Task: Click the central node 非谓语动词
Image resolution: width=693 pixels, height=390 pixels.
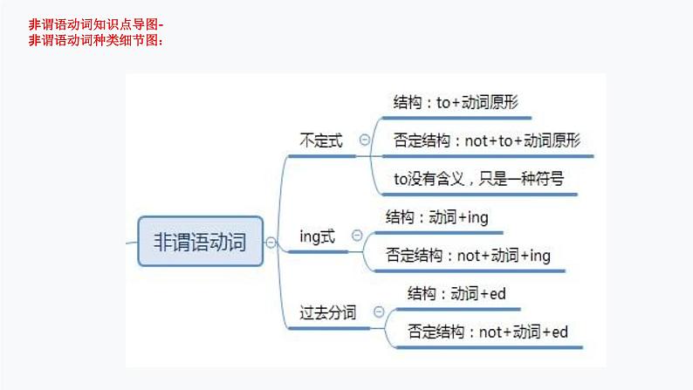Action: click(x=200, y=241)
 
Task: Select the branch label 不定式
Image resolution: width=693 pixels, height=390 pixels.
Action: click(x=321, y=140)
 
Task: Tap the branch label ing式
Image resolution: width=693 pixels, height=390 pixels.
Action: click(x=317, y=236)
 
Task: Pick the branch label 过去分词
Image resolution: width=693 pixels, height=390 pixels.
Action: click(x=327, y=312)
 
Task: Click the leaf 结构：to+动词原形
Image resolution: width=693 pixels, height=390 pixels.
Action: click(x=456, y=101)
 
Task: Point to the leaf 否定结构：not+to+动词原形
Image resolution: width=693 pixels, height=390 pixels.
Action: click(x=487, y=140)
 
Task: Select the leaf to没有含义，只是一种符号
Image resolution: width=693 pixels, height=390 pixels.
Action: click(x=478, y=179)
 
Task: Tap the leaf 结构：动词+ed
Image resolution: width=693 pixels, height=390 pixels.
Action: click(x=456, y=294)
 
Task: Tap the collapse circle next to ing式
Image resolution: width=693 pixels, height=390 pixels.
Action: click(x=356, y=235)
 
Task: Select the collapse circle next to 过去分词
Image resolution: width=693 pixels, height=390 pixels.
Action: click(x=379, y=311)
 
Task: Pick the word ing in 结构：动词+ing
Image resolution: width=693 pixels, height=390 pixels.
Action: click(x=478, y=217)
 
